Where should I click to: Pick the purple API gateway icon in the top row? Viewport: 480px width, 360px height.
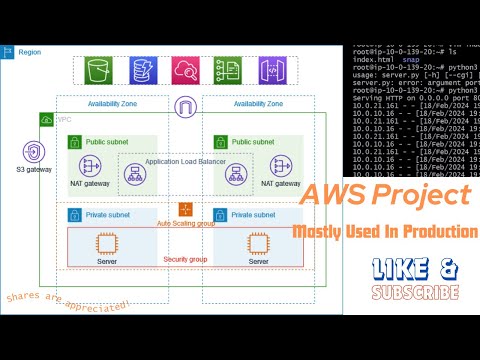268,71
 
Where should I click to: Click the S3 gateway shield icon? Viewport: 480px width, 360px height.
33,152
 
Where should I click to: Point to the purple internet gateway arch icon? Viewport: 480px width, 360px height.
186,108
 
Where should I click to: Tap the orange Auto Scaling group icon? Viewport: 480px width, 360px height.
185,209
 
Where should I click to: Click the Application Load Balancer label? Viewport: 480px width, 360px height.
184,161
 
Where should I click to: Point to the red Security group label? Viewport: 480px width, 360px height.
185,259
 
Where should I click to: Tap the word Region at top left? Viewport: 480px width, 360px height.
30,50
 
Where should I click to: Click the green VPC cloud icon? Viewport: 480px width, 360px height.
46,120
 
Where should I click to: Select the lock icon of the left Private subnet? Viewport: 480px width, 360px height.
75,214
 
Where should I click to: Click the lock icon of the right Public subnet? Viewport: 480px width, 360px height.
220,143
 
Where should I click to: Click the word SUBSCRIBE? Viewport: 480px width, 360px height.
414,293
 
